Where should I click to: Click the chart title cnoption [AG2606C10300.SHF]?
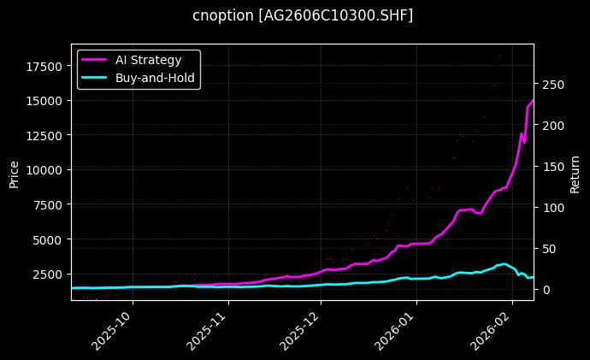coord(302,15)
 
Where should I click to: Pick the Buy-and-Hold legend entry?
coord(156,77)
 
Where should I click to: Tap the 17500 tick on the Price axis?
coord(45,66)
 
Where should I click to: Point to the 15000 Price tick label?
coord(45,100)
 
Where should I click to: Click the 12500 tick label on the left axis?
coord(45,135)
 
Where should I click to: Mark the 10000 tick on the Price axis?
coord(45,170)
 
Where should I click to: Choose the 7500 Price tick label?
coord(49,204)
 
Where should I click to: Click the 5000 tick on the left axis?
coord(49,239)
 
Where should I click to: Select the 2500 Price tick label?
coord(49,274)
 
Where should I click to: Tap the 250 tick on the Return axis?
coord(551,85)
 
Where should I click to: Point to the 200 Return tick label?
coord(551,126)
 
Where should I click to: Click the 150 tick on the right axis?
coord(551,167)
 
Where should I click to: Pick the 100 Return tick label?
coord(551,208)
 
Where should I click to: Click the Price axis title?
coord(14,173)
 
